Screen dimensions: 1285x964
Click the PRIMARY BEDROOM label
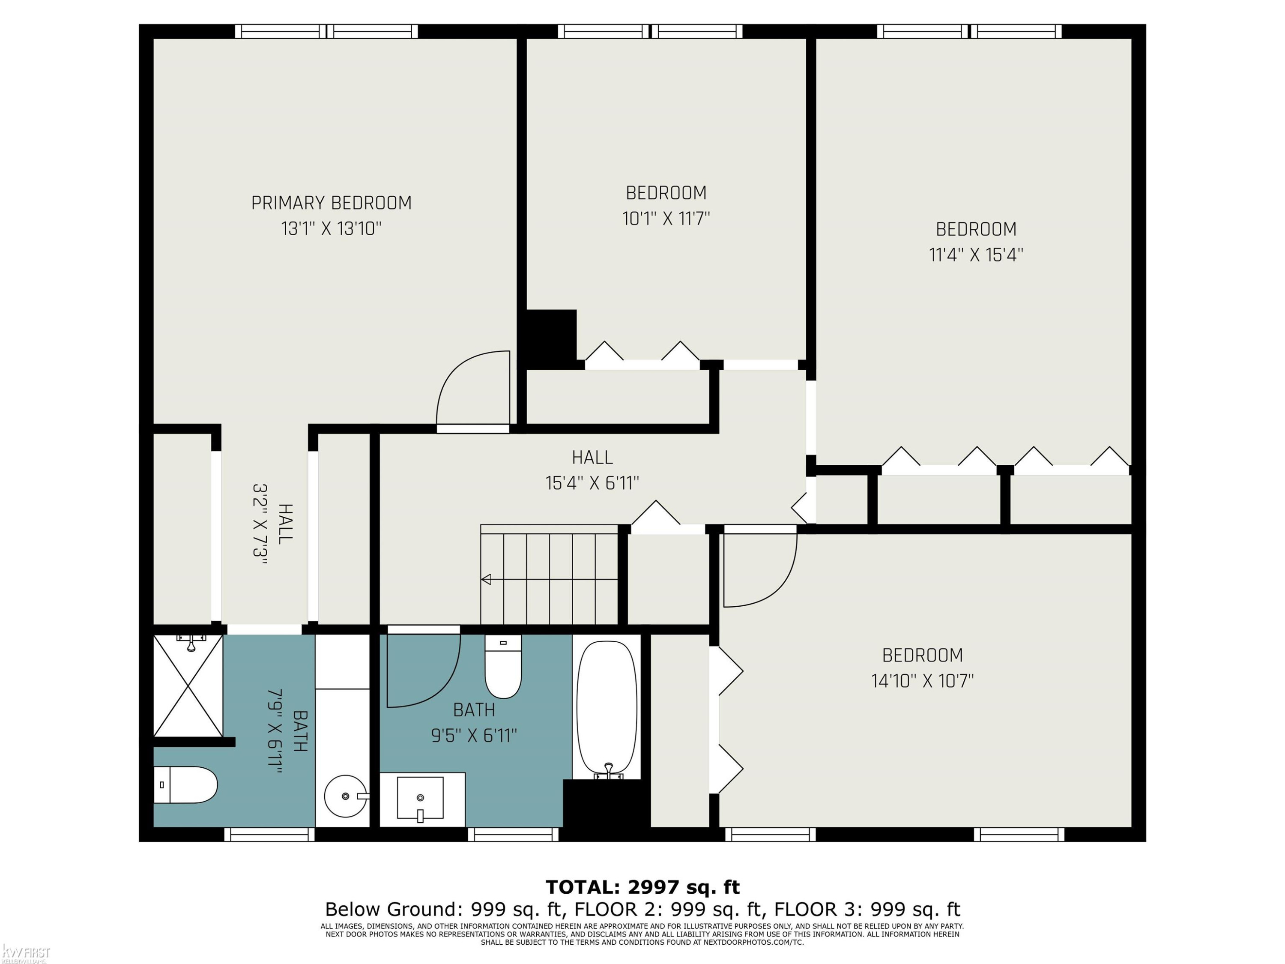pos(331,203)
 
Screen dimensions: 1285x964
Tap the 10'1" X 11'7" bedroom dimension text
pos(666,219)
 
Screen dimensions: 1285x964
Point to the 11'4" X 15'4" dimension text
pos(976,255)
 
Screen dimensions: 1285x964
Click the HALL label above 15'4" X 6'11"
pos(592,457)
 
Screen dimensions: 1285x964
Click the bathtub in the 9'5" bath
pos(607,710)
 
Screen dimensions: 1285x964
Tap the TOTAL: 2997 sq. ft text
pos(642,887)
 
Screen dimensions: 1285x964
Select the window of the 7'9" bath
pos(269,835)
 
